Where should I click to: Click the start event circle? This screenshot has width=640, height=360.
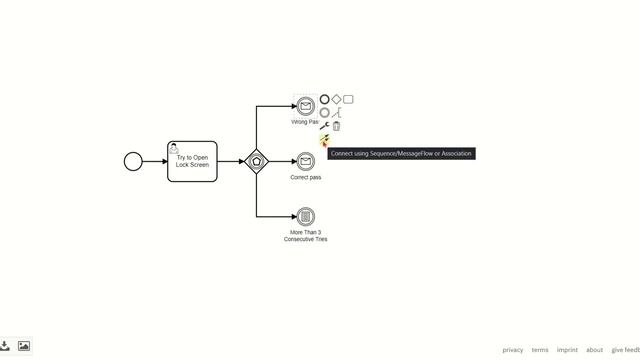133,161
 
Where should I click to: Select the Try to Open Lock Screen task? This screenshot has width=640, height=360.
192,161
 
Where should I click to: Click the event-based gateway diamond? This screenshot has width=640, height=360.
257,161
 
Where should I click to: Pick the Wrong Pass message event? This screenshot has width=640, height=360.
305,107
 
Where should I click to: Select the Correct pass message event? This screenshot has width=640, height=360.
306,161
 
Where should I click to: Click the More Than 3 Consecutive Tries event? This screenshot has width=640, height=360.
306,216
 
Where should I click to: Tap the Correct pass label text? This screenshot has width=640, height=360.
306,178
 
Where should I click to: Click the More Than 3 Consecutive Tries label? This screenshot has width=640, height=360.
306,236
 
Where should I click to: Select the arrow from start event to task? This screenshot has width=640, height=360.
155,161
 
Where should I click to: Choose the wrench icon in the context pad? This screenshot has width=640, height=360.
324,126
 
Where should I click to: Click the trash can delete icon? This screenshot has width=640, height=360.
336,126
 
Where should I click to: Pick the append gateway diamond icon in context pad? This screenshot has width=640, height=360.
336,99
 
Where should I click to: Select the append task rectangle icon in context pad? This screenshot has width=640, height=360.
348,99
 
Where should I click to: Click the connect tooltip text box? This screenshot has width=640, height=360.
400,154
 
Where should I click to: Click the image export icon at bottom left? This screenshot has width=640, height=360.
24,346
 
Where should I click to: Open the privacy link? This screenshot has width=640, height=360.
513,350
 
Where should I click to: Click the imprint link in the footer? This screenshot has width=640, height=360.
567,350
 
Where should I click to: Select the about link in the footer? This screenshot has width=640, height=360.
594,350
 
